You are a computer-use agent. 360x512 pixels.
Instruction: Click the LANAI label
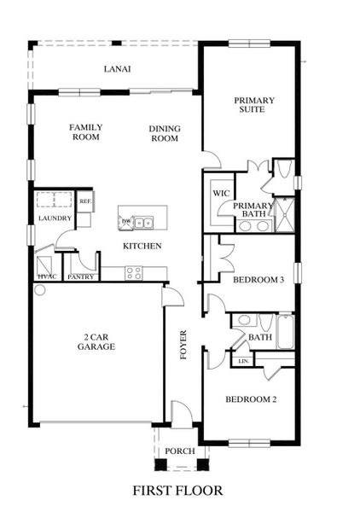click(x=117, y=69)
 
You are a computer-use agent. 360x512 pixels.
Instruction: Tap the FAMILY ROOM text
click(x=86, y=131)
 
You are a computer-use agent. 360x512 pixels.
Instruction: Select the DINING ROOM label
click(x=164, y=133)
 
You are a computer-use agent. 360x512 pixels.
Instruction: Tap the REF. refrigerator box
click(x=85, y=201)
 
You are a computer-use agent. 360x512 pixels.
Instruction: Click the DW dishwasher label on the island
click(x=126, y=222)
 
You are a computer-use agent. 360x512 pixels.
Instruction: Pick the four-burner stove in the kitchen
click(x=134, y=273)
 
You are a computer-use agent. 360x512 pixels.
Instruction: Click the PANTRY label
click(x=80, y=276)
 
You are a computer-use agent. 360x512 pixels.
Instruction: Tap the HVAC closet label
click(x=45, y=276)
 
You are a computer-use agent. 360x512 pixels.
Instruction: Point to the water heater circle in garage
click(x=38, y=290)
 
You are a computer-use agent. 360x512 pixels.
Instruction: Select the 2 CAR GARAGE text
click(x=94, y=341)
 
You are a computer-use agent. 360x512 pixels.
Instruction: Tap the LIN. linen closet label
click(x=244, y=361)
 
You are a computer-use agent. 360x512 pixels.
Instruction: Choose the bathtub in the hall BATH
click(x=284, y=331)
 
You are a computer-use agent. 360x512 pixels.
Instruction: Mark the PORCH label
click(x=180, y=451)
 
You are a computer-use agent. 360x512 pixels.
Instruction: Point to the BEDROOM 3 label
click(x=258, y=279)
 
